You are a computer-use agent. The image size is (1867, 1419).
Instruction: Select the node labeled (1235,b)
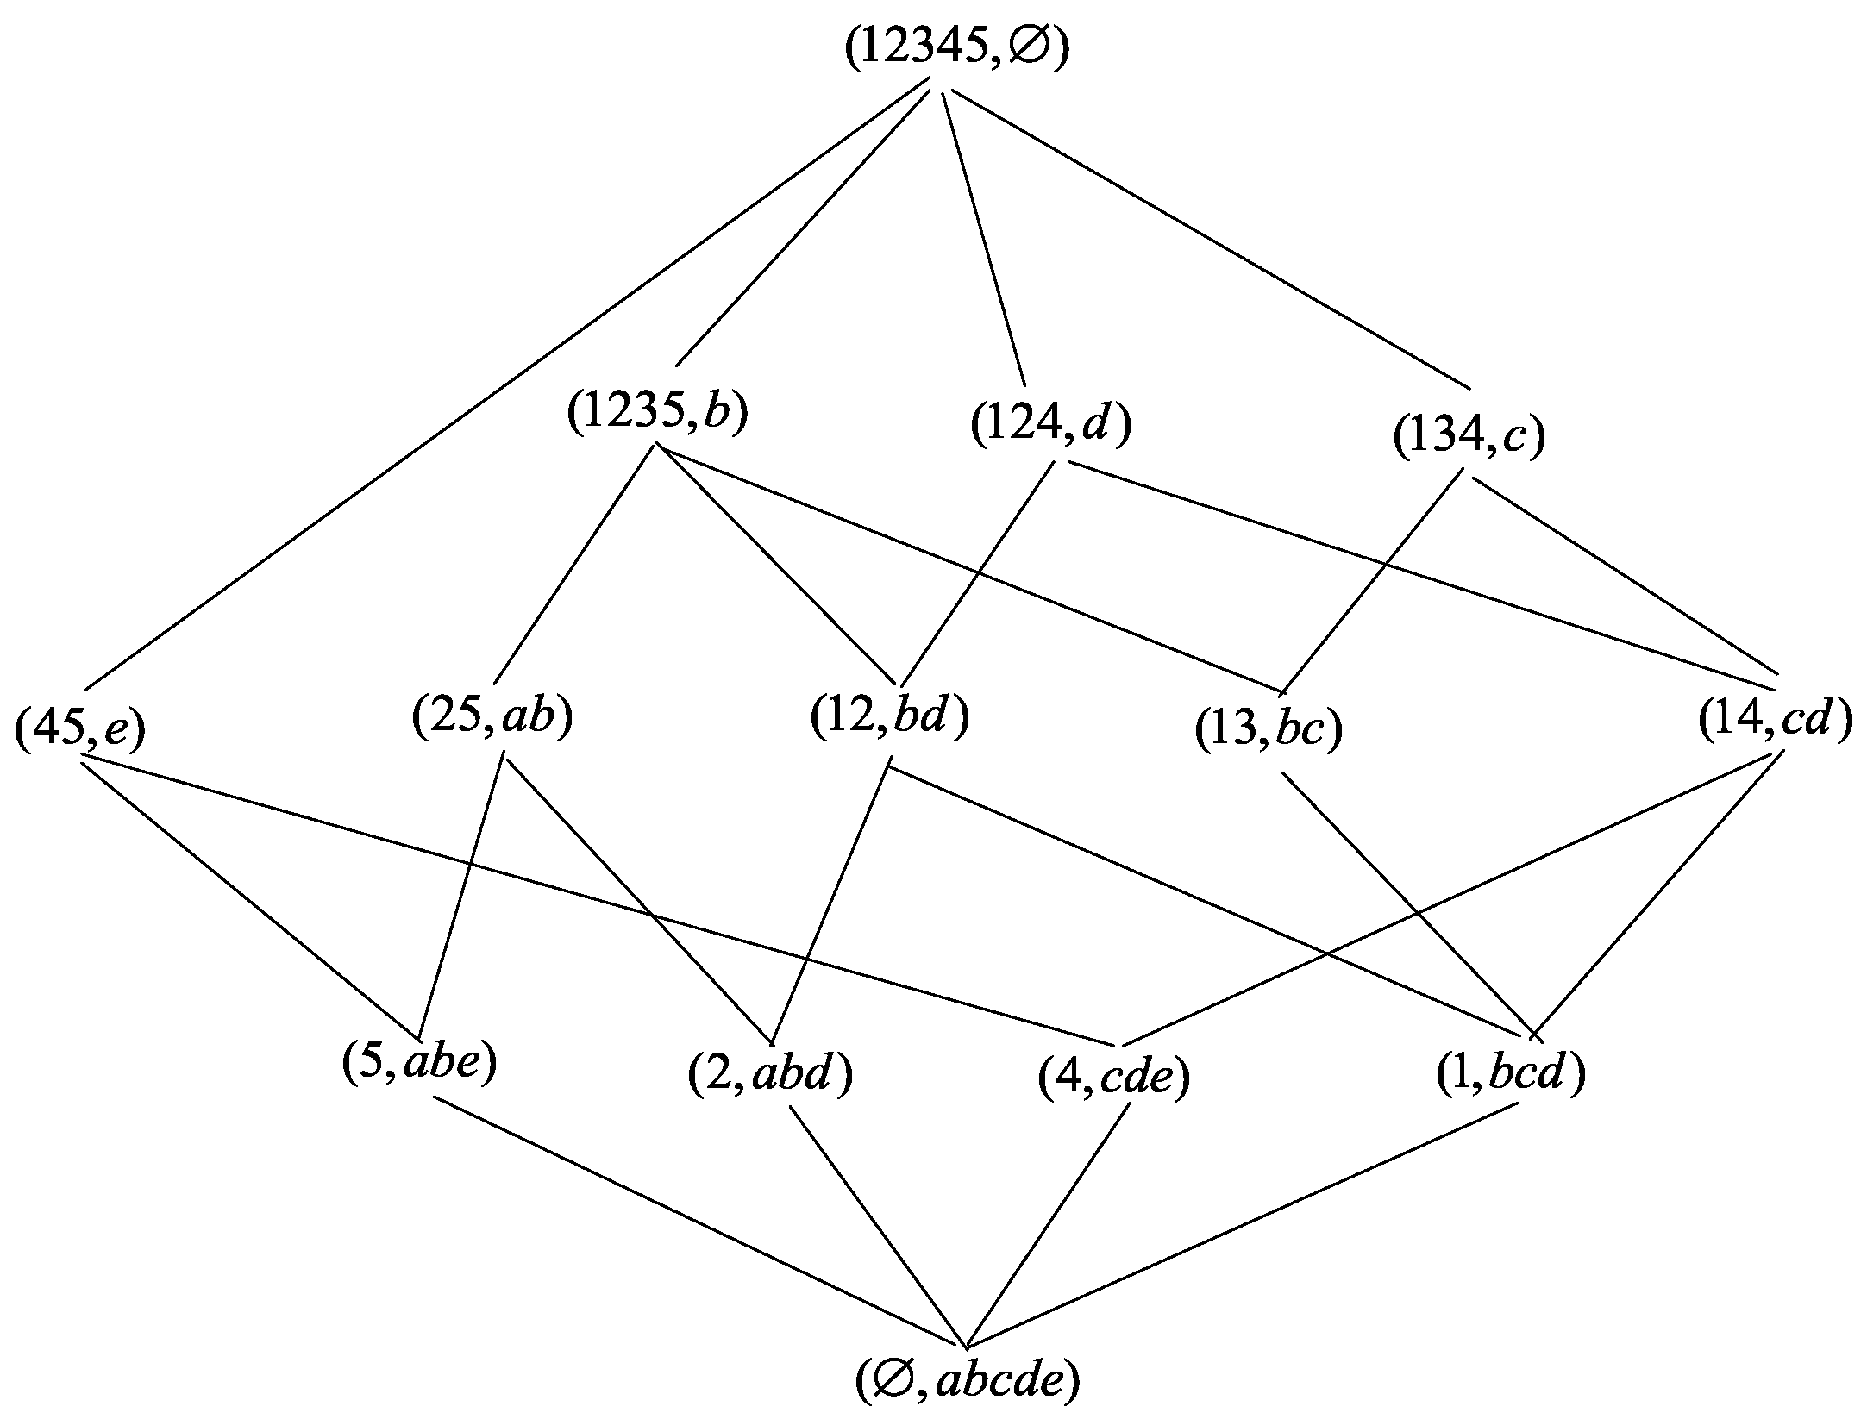(x=657, y=413)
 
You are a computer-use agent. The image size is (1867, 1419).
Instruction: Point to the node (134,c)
(x=1469, y=439)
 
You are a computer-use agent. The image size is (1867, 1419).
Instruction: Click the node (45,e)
(x=80, y=728)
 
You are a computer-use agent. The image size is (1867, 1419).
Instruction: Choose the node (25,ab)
(x=492, y=718)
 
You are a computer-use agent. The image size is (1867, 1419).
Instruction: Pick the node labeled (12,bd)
(x=890, y=718)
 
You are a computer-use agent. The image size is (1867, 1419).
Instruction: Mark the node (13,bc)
(x=1269, y=732)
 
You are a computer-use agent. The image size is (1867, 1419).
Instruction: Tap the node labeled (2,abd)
(x=770, y=1077)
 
